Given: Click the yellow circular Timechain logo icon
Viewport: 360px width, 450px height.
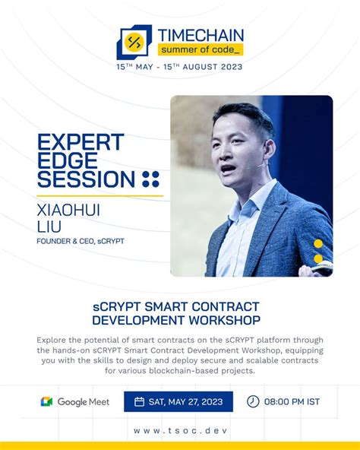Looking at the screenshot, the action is (134, 43).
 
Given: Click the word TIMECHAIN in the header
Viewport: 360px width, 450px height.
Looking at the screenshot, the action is (201, 35).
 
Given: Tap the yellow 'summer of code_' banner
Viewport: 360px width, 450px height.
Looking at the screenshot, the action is (201, 49).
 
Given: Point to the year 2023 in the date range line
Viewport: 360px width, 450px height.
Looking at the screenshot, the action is (231, 67).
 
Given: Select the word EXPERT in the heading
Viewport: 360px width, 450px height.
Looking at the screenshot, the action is (81, 142).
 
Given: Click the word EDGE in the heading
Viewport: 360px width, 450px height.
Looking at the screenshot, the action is (68, 160).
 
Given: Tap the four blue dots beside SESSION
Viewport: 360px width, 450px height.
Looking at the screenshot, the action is (150, 179).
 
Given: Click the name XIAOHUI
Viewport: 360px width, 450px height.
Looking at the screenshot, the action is (68, 210).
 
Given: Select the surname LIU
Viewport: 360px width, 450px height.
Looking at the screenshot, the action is (49, 227).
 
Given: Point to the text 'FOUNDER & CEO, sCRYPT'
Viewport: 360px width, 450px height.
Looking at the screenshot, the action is (81, 241).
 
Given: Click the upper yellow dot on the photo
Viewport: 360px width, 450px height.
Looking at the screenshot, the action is (318, 244).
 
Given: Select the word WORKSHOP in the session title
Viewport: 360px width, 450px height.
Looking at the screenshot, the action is (224, 320).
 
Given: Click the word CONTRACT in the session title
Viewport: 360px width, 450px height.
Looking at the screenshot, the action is (225, 306).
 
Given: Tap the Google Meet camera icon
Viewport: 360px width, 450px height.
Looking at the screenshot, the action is (46, 401).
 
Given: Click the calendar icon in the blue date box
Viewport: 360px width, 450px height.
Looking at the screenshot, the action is (139, 401).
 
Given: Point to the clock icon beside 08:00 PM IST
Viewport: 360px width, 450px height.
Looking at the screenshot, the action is (253, 401).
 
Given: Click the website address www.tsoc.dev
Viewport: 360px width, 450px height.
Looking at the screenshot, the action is (181, 430).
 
